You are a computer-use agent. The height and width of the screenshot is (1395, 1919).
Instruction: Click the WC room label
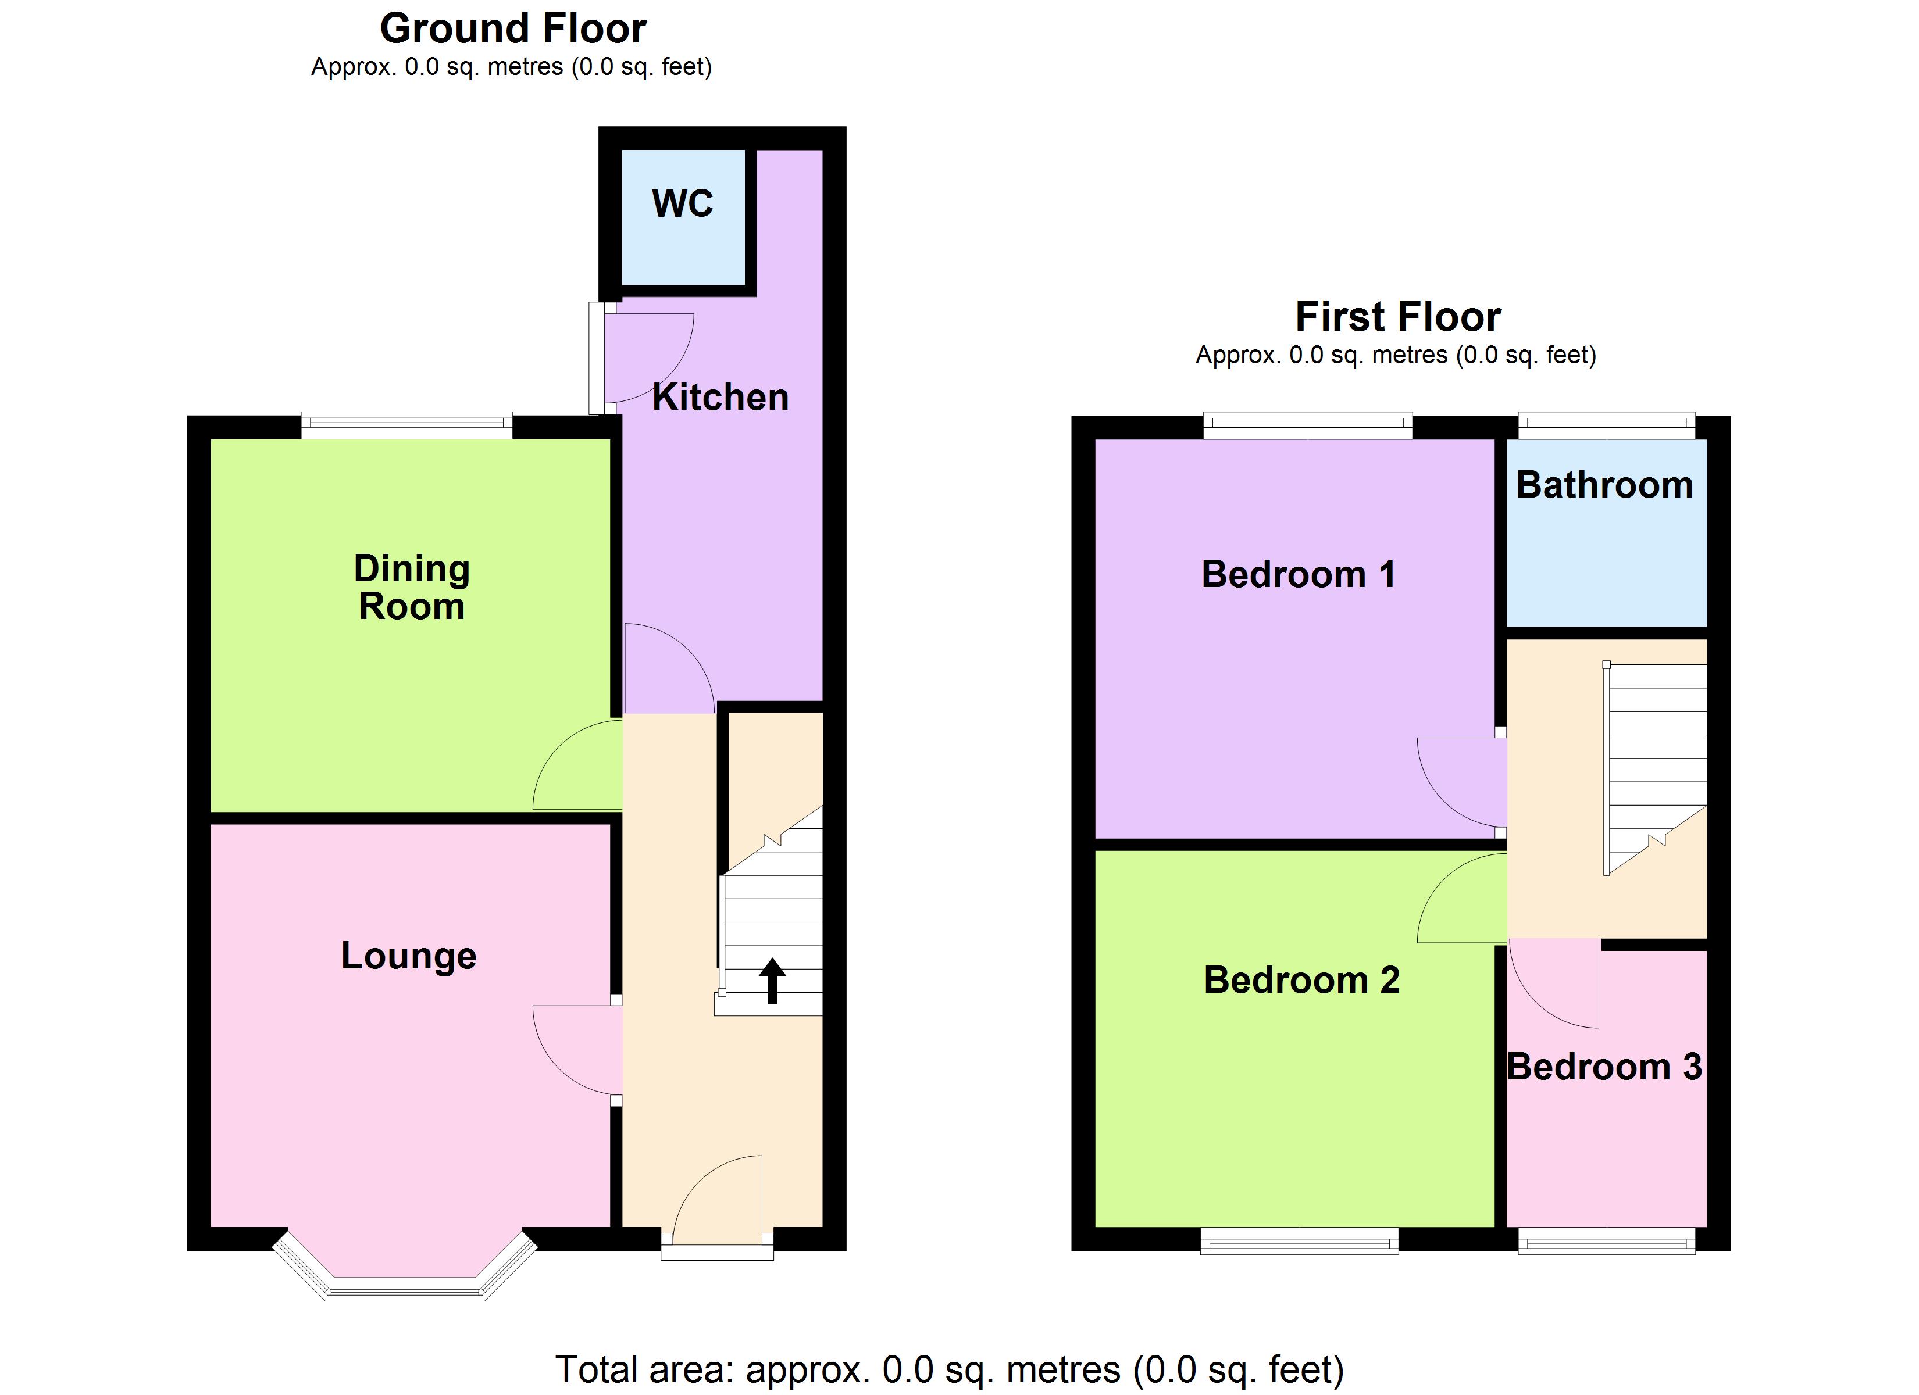[x=682, y=204]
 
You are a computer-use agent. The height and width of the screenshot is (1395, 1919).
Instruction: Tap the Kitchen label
[x=720, y=398]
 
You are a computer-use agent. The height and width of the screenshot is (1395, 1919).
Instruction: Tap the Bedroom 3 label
[x=1604, y=1067]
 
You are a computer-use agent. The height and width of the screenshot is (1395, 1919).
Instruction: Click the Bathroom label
[x=1604, y=485]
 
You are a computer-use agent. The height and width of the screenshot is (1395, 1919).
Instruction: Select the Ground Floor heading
[x=513, y=28]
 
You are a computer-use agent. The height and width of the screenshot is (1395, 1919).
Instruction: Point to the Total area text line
[x=950, y=1369]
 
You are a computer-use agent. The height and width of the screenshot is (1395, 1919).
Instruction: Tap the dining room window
[x=407, y=425]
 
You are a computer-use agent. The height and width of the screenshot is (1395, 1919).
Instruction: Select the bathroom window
[x=1606, y=425]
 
